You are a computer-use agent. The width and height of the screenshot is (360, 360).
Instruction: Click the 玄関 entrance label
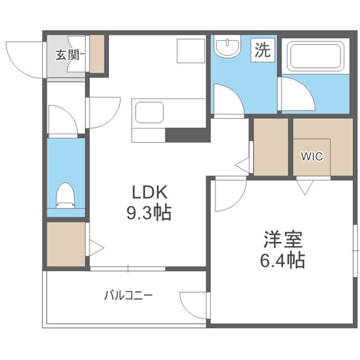[67, 55]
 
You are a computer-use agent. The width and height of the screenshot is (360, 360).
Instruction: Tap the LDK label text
[150, 192]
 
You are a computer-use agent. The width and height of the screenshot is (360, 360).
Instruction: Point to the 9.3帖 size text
[149, 213]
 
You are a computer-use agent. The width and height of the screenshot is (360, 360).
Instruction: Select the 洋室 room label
[283, 239]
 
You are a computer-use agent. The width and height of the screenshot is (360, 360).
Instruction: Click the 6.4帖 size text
[282, 260]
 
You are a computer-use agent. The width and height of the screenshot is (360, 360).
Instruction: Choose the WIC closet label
[312, 156]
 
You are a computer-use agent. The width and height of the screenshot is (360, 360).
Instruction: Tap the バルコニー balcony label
[128, 295]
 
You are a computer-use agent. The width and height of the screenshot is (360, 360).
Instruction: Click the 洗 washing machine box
[263, 50]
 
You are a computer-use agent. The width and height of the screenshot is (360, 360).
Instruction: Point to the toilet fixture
[66, 196]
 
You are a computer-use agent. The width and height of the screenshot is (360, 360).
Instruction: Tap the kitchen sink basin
[149, 112]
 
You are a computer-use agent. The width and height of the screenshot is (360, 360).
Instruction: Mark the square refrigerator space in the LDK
[191, 51]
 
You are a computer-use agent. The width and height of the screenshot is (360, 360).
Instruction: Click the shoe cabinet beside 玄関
[97, 54]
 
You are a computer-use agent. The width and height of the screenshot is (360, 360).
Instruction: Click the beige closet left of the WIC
[271, 147]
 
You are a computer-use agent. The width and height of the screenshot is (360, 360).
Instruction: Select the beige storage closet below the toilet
[66, 244]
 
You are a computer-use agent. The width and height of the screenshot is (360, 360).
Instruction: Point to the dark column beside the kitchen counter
[188, 135]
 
